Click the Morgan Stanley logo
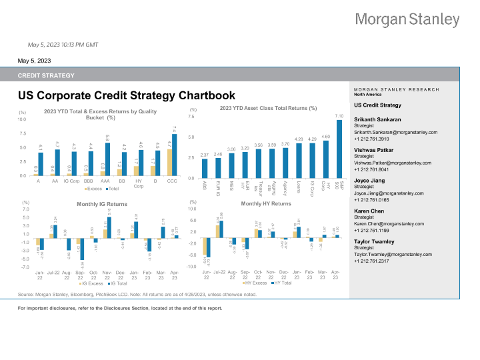tap(407, 19)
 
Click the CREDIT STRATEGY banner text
tap(46, 75)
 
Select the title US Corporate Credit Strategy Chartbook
tap(127, 96)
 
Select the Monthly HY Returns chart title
tap(266, 203)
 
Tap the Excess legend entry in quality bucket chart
tap(95, 189)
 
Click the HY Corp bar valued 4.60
tap(325, 157)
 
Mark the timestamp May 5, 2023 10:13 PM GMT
tap(63, 45)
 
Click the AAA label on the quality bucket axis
tap(106, 181)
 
